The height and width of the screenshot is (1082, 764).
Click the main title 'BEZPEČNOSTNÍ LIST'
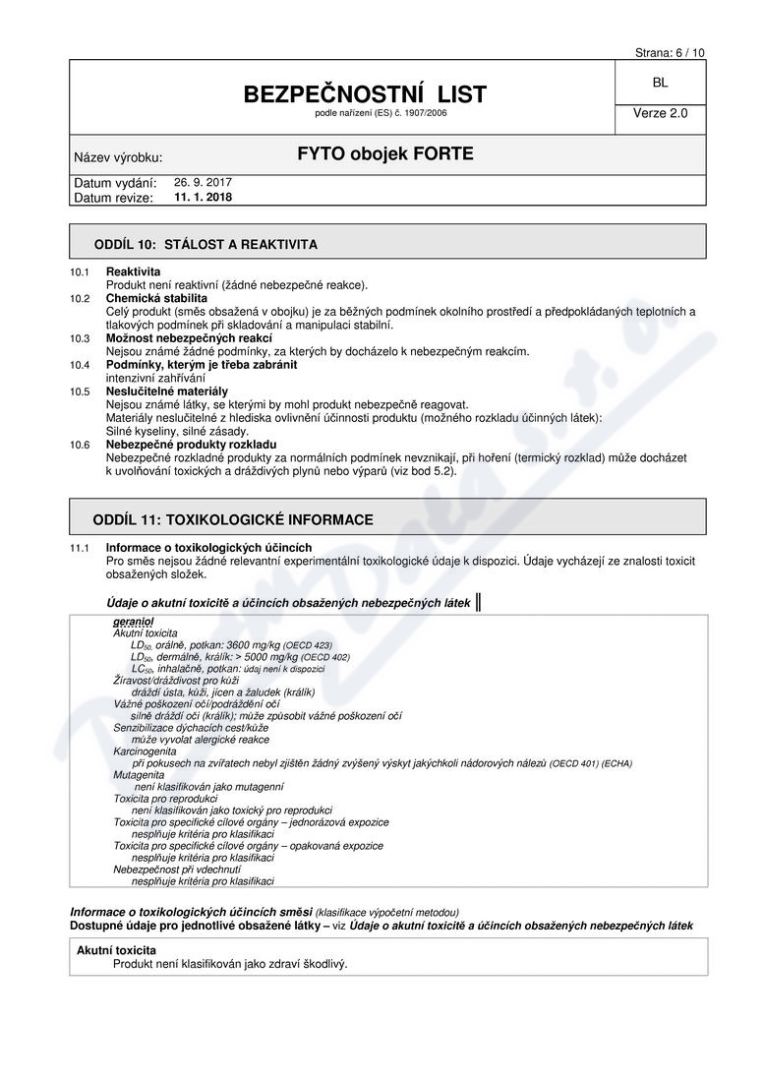365,94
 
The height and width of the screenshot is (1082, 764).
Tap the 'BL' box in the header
659,85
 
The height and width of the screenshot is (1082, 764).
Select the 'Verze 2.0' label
660,113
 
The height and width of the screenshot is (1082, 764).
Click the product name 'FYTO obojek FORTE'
385,154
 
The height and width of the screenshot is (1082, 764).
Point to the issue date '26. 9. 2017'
203,182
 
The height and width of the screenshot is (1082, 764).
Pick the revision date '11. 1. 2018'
204,197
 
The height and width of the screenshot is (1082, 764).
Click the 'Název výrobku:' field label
118,157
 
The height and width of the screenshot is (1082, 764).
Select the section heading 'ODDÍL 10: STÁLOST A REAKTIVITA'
205,243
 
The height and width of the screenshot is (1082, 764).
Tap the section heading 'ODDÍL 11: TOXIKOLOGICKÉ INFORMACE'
232,518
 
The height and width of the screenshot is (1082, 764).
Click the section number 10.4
80,365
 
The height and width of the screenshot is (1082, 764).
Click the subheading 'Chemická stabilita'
156,298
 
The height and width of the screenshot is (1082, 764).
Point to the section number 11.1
80,548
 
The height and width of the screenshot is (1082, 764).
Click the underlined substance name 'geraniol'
134,623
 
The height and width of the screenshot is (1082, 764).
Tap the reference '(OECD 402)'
325,657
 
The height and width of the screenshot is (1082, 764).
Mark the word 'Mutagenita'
140,775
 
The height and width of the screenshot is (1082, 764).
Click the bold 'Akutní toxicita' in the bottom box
116,950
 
